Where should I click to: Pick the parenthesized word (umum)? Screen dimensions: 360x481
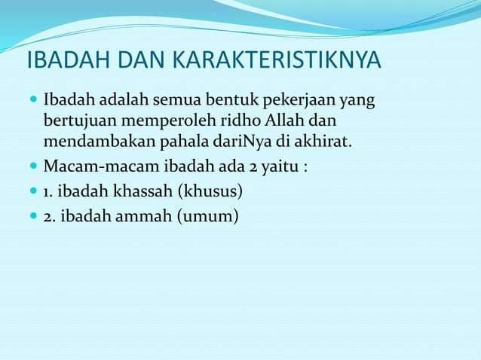pyautogui.click(x=207, y=218)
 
